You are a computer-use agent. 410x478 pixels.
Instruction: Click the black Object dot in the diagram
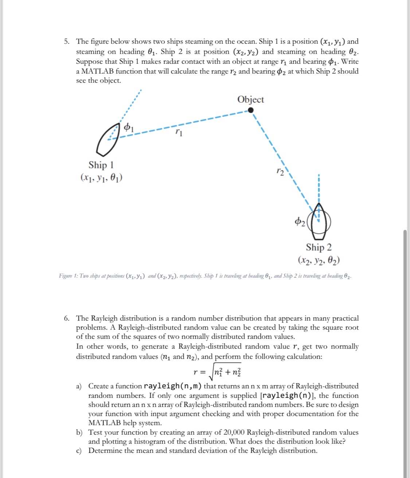[251, 110]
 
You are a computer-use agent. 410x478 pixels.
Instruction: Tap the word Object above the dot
[250, 99]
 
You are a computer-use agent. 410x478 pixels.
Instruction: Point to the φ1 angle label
[129, 127]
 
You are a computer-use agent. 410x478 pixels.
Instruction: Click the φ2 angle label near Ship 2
[300, 221]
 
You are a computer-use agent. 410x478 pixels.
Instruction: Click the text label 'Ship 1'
[101, 165]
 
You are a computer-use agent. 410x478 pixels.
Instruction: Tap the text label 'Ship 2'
[319, 247]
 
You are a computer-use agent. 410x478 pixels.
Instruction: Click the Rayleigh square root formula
[217, 372]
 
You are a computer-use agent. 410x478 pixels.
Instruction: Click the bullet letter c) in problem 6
[79, 451]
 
